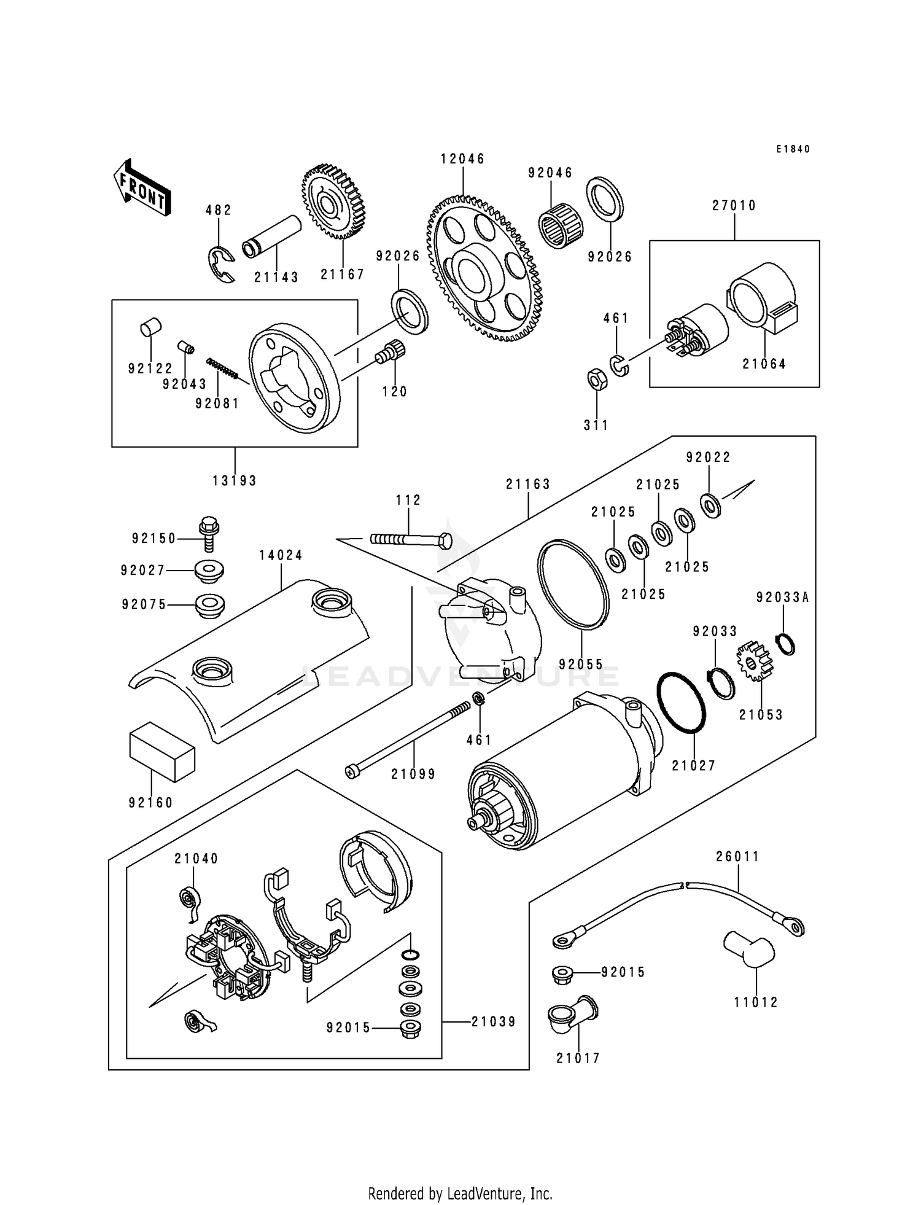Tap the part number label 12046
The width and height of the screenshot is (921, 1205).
click(x=462, y=159)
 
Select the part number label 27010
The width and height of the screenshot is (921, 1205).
click(x=734, y=206)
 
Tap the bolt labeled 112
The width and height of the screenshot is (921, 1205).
click(x=410, y=540)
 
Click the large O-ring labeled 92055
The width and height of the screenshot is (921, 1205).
click(x=573, y=584)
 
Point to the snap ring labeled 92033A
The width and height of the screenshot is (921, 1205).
click(x=785, y=644)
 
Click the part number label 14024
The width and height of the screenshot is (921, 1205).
click(x=281, y=555)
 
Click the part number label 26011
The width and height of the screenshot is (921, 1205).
click(x=737, y=856)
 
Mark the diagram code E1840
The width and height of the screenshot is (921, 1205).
click(x=793, y=149)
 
